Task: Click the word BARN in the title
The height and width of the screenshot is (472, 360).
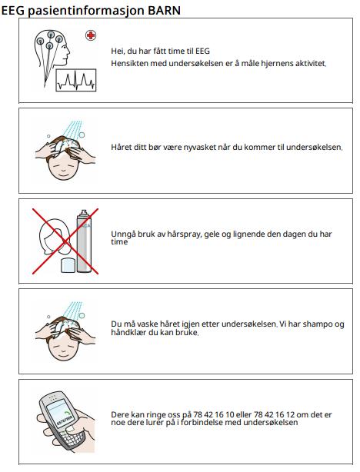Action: click(164, 10)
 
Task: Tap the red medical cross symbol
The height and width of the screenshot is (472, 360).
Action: click(90, 35)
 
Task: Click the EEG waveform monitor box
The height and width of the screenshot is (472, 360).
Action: click(76, 80)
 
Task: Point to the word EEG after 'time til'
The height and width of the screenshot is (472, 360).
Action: click(202, 51)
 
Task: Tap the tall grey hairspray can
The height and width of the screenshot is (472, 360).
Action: click(84, 241)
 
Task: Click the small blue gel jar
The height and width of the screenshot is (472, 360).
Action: click(68, 265)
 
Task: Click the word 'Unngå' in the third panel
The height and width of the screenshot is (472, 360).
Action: click(123, 234)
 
